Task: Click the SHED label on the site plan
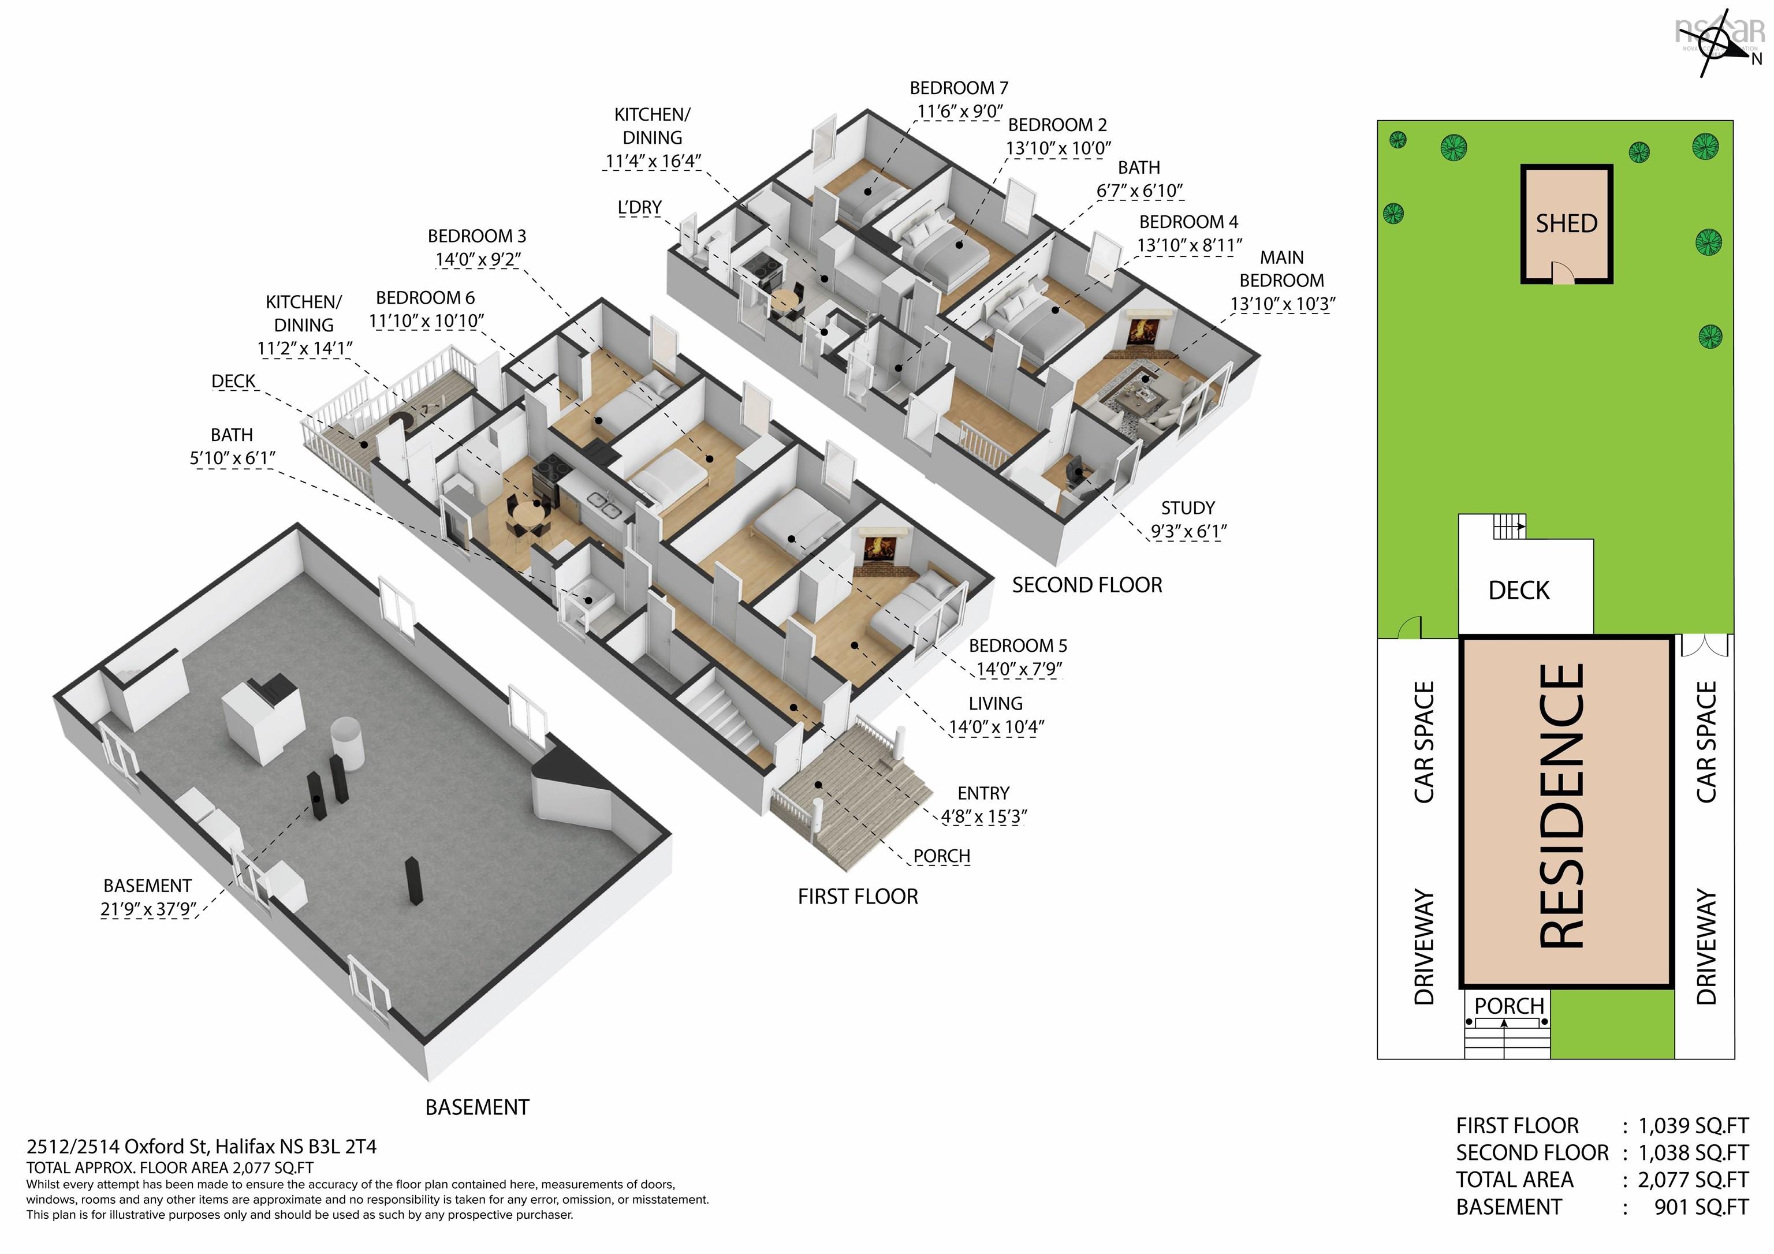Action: (x=1566, y=224)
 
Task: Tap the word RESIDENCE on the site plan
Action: (x=1562, y=806)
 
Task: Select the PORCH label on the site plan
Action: (x=1509, y=1006)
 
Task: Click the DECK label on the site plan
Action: (x=1519, y=590)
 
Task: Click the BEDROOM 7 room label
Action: (x=959, y=88)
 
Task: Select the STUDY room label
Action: (x=1187, y=507)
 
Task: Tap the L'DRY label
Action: (x=640, y=208)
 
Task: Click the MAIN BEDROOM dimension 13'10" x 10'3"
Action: (x=1283, y=304)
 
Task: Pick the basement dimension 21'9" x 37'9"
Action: (x=148, y=909)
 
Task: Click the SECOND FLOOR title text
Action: (x=1087, y=585)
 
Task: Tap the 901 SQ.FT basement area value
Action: (x=1701, y=1207)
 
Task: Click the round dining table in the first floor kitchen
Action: (x=528, y=513)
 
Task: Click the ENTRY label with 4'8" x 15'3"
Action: (x=983, y=804)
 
